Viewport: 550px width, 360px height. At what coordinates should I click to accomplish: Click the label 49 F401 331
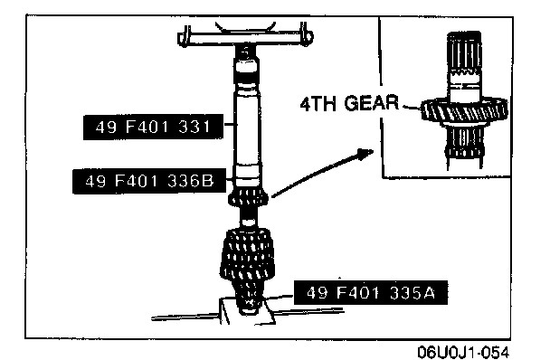(x=153, y=127)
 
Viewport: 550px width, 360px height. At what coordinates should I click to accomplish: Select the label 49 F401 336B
(x=149, y=182)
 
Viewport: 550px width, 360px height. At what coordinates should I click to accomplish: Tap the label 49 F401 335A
(x=371, y=293)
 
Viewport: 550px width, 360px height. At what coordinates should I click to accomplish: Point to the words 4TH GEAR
(x=349, y=103)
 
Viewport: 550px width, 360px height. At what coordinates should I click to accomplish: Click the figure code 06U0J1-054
(x=463, y=351)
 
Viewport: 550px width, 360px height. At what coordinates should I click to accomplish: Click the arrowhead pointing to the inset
(x=365, y=153)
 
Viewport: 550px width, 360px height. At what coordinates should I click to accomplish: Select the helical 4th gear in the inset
(x=464, y=111)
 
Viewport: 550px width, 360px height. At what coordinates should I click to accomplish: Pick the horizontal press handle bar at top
(x=245, y=37)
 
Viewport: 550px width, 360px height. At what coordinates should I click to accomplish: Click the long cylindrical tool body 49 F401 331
(x=247, y=128)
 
